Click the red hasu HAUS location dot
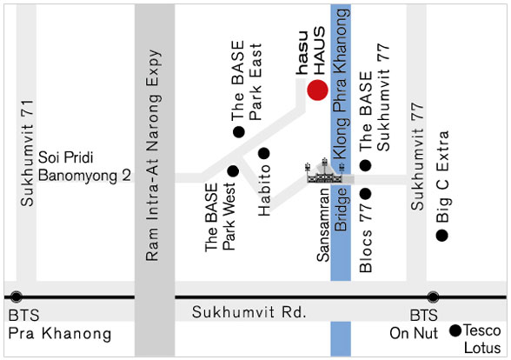[317, 90]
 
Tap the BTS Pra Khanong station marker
[17, 297]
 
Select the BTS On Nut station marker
[433, 297]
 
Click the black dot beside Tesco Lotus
[455, 330]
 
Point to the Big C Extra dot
[441, 236]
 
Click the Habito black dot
[263, 153]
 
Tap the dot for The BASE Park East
[239, 132]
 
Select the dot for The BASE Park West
[233, 171]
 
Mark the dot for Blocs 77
[366, 194]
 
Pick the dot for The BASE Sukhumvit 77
[365, 165]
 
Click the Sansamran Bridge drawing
[324, 171]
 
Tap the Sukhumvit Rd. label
[249, 311]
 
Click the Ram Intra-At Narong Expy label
[153, 155]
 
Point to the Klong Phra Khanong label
[341, 83]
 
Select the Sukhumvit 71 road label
[27, 153]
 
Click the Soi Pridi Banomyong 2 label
[85, 166]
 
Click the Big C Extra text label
[442, 177]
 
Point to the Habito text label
[264, 190]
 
